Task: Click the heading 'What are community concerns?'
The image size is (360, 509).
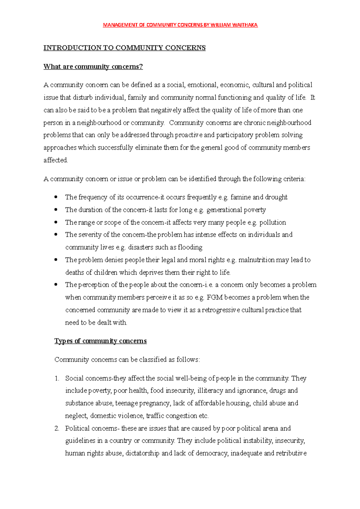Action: tap(93, 67)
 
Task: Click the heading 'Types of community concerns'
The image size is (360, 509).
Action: tap(100, 341)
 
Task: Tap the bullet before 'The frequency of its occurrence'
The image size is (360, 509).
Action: tap(56, 197)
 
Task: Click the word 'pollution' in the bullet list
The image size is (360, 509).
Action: tap(272, 222)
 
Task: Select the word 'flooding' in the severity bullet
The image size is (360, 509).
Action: tap(190, 247)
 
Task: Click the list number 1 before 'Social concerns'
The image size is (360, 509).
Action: tap(57, 378)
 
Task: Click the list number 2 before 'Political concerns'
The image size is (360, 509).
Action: tap(57, 428)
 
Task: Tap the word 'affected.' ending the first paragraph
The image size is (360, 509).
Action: tap(56, 160)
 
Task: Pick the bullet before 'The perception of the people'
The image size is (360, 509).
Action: tap(56, 284)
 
